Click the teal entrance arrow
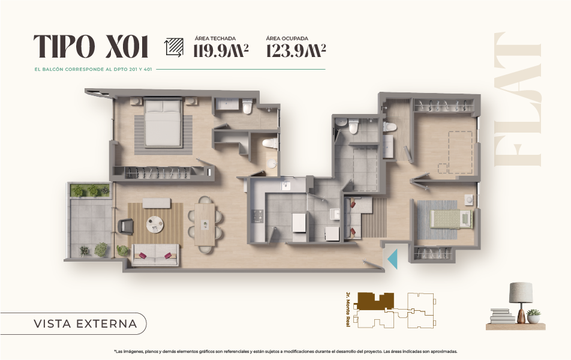tap(392, 259)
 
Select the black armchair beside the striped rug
tap(126, 226)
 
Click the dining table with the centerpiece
tap(205, 224)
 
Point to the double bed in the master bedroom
tap(163, 122)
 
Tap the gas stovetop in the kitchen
tap(258, 217)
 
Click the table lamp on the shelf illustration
tap(521, 302)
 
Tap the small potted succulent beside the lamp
tap(533, 316)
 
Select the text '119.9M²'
tap(221, 50)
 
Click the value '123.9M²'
tap(296, 50)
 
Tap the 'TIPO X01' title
tap(91, 47)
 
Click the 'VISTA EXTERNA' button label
tap(85, 323)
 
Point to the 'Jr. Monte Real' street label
tap(348, 310)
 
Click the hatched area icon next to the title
tap(174, 47)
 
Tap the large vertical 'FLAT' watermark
tap(518, 100)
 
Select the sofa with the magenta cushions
tap(155, 255)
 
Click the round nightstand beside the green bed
tap(468, 200)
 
